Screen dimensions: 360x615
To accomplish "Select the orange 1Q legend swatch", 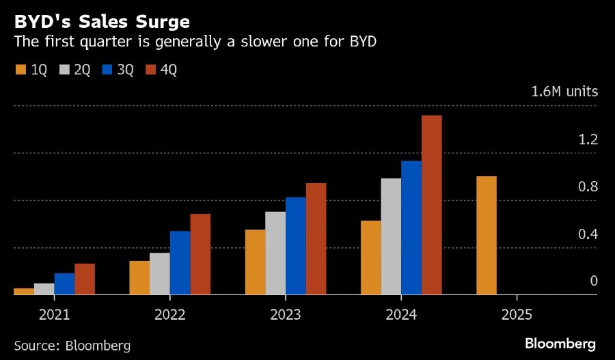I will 20,69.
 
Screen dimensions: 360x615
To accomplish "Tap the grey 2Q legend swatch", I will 65,69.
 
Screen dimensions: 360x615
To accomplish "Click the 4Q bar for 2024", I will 432,205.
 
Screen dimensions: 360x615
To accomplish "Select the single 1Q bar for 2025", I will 486,236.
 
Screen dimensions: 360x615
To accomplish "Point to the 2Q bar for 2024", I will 391,236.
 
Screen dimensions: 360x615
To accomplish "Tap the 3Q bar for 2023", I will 295,246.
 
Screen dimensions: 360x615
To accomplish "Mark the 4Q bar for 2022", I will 200,254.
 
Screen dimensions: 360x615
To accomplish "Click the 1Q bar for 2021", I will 24,292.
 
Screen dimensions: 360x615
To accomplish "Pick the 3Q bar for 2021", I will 64,284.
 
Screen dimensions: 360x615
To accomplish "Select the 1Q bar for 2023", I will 255,262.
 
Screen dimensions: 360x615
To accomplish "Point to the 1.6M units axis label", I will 564,92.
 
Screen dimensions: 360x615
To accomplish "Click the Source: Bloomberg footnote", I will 72,345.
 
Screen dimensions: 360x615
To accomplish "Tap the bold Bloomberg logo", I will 560,343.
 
